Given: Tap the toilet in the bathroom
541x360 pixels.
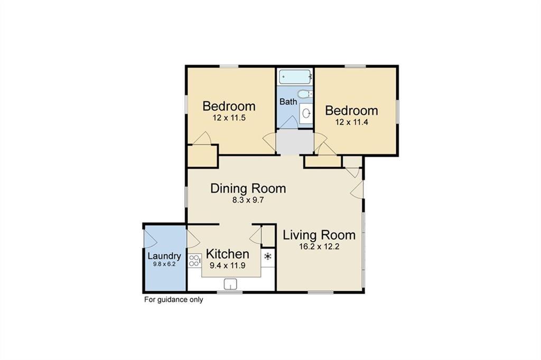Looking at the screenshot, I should pyautogui.click(x=304, y=94).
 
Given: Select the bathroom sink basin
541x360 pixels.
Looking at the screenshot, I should pyautogui.click(x=305, y=113).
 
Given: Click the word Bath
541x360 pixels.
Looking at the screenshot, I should pyautogui.click(x=288, y=102).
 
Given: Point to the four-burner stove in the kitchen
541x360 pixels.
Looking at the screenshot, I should pyautogui.click(x=194, y=260).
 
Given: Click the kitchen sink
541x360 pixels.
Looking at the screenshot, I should pyautogui.click(x=231, y=284).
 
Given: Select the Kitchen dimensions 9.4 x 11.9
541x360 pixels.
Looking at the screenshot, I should pyautogui.click(x=227, y=265).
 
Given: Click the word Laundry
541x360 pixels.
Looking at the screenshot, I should pyautogui.click(x=164, y=256).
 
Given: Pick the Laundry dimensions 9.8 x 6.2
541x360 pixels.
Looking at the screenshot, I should pyautogui.click(x=164, y=264).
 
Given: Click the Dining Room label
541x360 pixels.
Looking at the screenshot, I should pyautogui.click(x=248, y=188).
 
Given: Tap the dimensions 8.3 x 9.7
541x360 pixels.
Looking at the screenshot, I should pyautogui.click(x=248, y=200).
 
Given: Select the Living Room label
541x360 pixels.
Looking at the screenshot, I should pyautogui.click(x=319, y=235).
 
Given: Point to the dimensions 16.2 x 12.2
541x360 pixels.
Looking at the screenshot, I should pyautogui.click(x=319, y=246).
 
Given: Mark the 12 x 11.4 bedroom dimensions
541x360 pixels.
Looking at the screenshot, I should pyautogui.click(x=351, y=122).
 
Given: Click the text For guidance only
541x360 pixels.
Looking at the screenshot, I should pyautogui.click(x=174, y=300).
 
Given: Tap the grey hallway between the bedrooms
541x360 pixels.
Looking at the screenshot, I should pyautogui.click(x=295, y=141).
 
